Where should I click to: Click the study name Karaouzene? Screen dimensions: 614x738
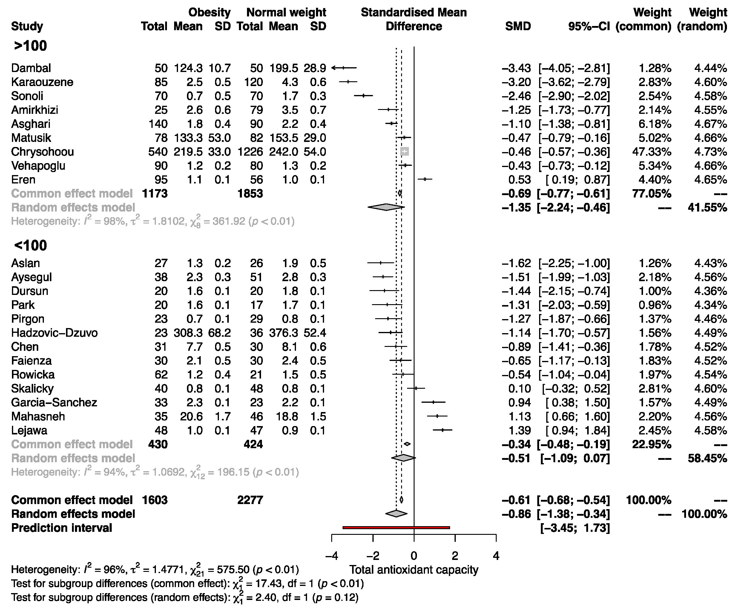[42, 82]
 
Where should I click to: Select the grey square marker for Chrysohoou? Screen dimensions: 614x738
[404, 151]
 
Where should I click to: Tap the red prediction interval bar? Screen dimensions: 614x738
[396, 527]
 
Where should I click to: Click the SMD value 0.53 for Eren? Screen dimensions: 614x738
[519, 180]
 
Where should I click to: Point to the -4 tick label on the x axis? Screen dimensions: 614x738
[332, 556]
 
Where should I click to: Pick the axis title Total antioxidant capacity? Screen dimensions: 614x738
[414, 570]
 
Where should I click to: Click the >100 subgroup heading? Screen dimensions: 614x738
[30, 46]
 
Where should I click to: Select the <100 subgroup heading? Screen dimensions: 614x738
[30, 246]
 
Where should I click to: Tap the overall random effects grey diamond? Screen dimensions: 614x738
[396, 514]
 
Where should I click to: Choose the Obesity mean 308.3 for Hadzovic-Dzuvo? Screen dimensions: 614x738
[188, 333]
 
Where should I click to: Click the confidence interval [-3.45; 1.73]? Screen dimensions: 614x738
[575, 528]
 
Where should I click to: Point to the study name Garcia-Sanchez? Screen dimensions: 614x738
[54, 402]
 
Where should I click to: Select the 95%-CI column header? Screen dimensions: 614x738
[589, 26]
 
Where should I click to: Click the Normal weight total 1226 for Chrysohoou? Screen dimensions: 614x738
[250, 152]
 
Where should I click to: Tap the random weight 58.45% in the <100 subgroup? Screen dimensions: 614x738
[707, 458]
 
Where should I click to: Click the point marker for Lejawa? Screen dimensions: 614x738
[442, 430]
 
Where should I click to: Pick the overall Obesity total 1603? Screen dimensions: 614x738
[155, 500]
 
